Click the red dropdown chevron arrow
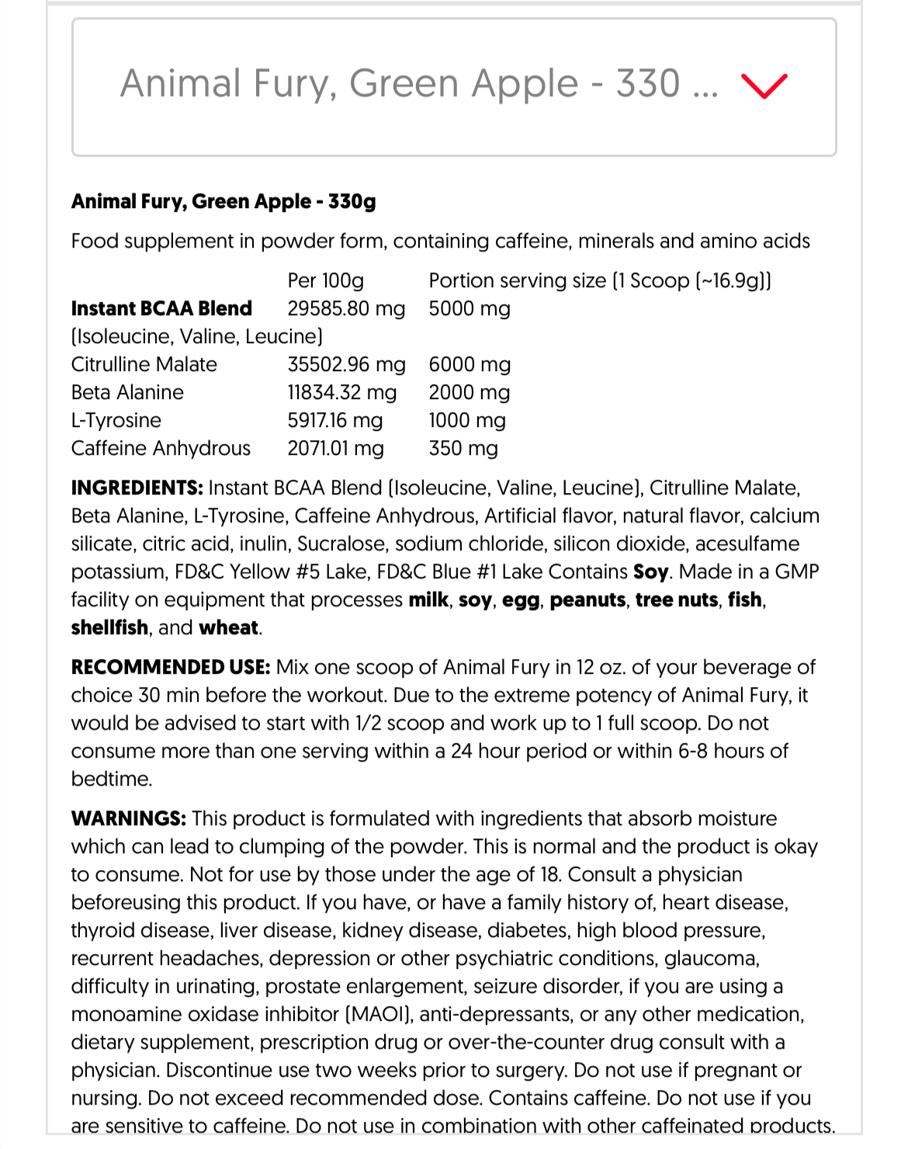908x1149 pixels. pos(764,85)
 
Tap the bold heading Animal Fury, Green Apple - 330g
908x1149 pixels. pos(224,202)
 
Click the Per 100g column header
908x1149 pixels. pos(325,280)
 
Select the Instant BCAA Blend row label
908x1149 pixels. pos(161,308)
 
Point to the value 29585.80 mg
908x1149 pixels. pos(346,308)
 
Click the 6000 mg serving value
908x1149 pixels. pos(470,364)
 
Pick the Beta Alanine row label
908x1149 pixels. pos(127,392)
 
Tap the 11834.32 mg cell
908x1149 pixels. pos(341,392)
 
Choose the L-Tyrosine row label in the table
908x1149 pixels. pos(116,420)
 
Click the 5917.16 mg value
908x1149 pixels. pos(335,420)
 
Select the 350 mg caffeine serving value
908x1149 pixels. pos(463,448)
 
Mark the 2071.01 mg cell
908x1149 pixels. pos(335,448)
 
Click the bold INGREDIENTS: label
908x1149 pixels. pos(137,488)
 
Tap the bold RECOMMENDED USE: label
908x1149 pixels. pos(171,667)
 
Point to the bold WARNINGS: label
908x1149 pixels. pos(129,818)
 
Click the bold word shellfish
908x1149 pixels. pos(109,627)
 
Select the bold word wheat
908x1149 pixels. pos(229,627)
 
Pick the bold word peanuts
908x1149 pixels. pos(587,599)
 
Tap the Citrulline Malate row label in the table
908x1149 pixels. pos(144,364)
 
